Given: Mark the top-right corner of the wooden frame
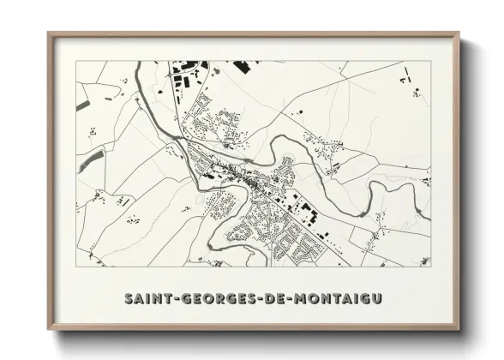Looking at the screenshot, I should [459, 33].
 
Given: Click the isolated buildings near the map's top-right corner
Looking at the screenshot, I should [406, 81].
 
